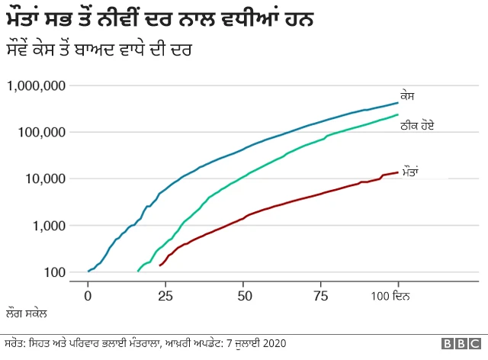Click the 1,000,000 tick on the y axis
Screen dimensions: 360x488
tap(36, 85)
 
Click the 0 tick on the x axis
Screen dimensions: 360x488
tap(88, 294)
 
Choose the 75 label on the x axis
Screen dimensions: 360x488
tap(320, 294)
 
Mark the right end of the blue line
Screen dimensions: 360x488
tap(397, 102)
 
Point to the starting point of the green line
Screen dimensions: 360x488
tap(137, 271)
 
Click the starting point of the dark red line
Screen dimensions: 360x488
tap(159, 265)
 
